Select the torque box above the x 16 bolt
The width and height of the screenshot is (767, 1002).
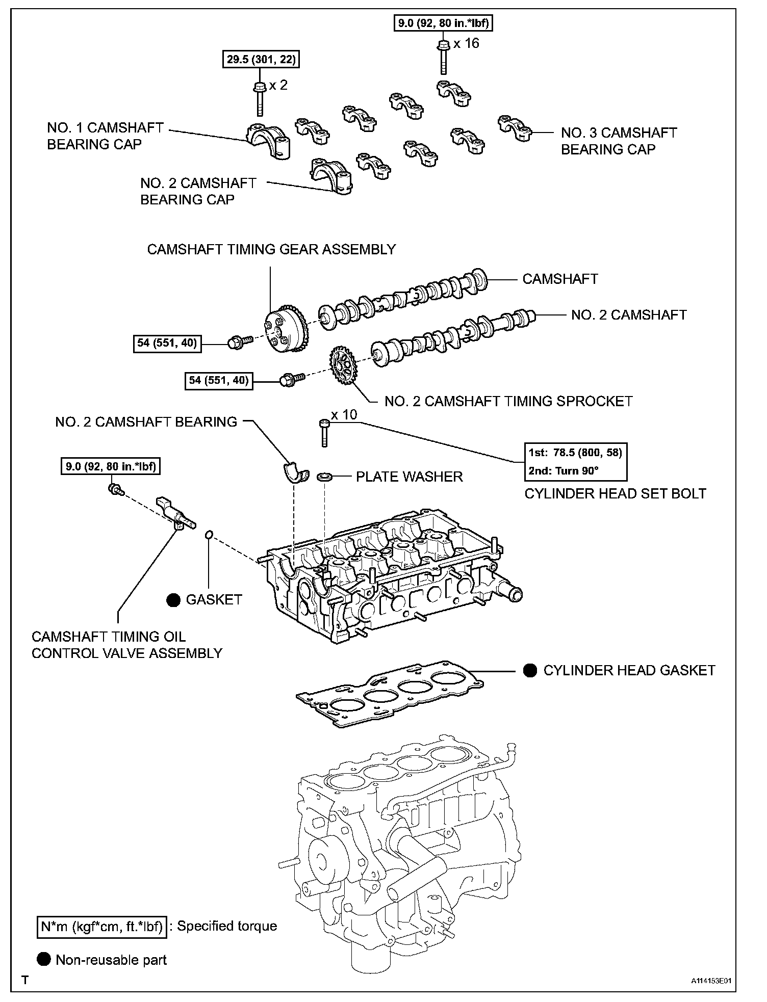point(438,22)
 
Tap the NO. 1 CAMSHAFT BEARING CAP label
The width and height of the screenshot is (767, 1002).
point(105,136)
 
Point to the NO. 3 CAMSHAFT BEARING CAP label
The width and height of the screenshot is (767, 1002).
point(619,141)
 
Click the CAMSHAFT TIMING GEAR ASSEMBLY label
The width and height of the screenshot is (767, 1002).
point(271,249)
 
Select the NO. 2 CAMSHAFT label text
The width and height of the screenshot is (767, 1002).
point(628,314)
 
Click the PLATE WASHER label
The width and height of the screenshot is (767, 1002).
point(409,477)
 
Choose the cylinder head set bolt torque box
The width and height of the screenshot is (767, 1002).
point(575,461)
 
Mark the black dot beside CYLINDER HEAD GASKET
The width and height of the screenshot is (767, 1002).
point(530,670)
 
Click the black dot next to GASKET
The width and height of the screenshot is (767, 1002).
point(173,600)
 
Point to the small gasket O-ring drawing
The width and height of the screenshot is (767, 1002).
point(208,535)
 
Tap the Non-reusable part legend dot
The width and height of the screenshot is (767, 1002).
point(44,960)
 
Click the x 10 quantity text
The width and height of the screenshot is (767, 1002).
point(344,415)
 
